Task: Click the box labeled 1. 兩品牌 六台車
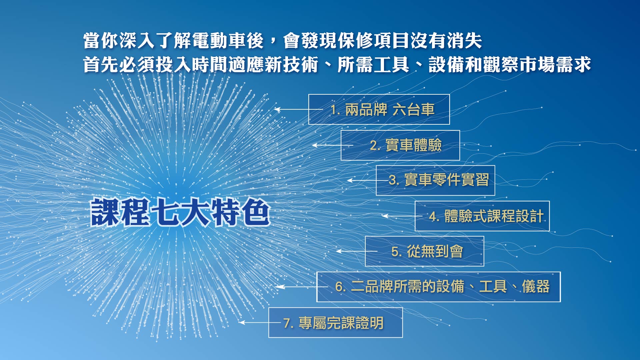point(379,109)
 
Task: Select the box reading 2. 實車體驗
point(400,145)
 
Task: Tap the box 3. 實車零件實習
point(435,180)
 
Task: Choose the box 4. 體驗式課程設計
point(482,216)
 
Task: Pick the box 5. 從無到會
point(424,251)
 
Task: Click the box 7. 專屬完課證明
point(335,322)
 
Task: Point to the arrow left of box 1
point(299,109)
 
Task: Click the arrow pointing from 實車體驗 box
point(332,145)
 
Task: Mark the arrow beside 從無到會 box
point(357,251)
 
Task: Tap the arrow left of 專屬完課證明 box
point(260,322)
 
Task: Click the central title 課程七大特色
point(180,212)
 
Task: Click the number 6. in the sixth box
point(341,287)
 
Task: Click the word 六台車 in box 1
point(414,109)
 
